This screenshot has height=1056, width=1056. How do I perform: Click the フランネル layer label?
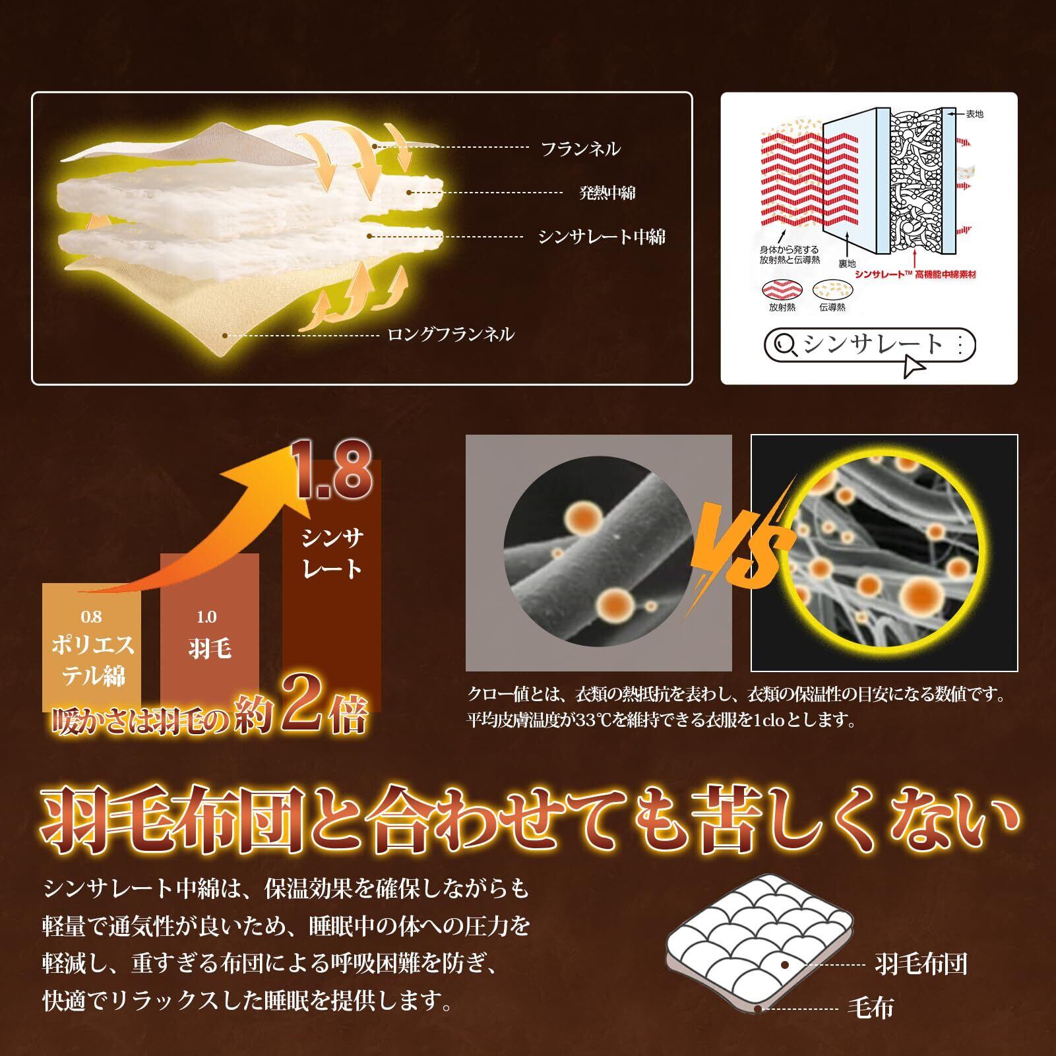580,149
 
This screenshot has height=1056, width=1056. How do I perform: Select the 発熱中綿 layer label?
607,193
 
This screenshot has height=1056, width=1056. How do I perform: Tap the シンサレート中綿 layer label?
602,237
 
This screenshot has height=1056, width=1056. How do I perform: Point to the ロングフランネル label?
450,334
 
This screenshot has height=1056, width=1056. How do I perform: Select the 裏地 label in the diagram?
847,264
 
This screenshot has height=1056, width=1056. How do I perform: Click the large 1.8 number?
334,474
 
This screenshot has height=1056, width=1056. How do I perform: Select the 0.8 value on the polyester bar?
92,617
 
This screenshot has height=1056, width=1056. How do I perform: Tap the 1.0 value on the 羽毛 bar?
206,617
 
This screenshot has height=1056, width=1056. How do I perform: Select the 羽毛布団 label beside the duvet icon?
921,964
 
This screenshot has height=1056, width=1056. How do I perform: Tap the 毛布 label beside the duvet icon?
871,1008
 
